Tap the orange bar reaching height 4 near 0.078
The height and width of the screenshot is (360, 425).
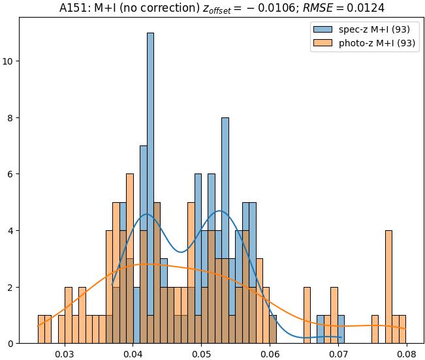[388, 287]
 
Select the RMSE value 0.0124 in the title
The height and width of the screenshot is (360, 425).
[366, 8]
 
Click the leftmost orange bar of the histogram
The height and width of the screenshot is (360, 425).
[41, 329]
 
